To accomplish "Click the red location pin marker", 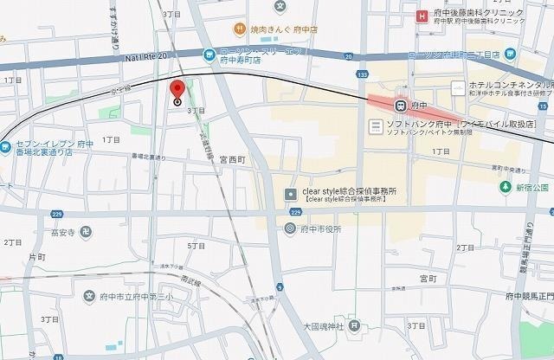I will [177, 90].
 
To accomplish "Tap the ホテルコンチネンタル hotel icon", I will [458, 87].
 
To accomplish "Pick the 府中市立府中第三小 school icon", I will [89, 296].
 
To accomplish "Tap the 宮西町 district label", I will [234, 158].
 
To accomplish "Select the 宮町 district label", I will [428, 279].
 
